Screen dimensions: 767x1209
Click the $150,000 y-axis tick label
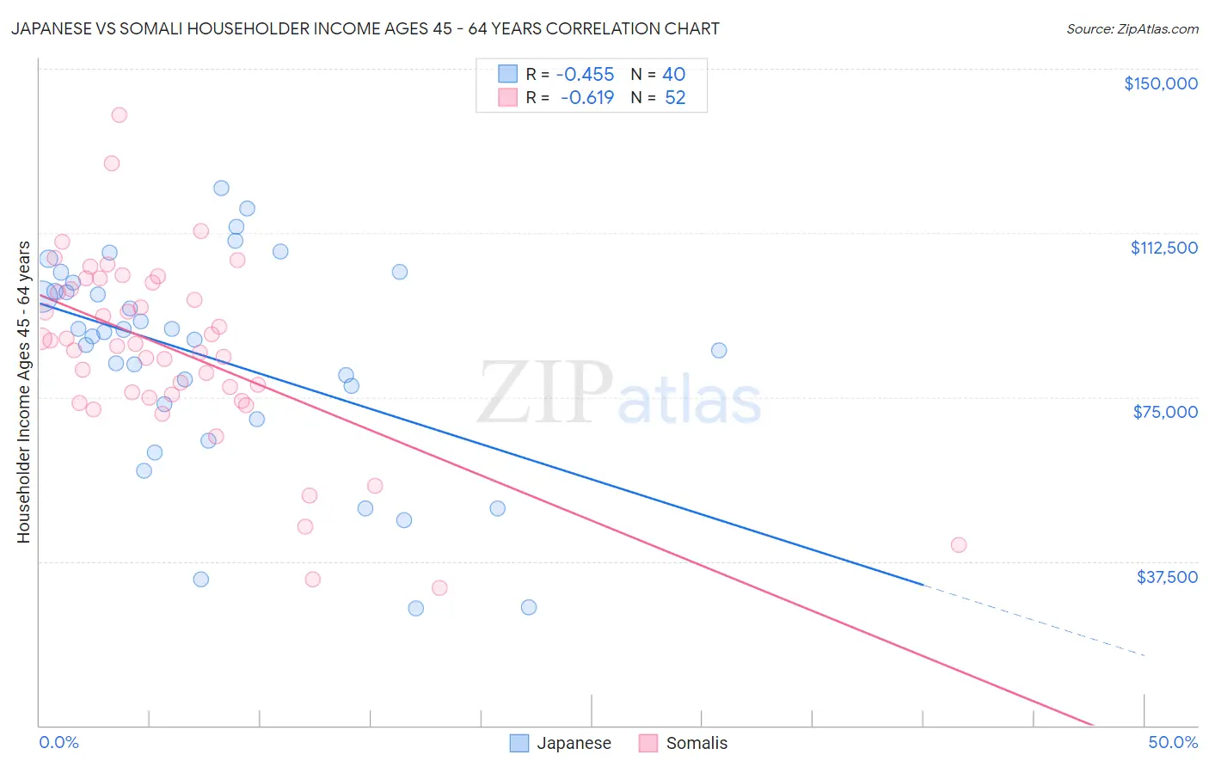1160,83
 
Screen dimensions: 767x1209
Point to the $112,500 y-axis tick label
1163,248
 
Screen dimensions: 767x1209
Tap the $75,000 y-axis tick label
1165,412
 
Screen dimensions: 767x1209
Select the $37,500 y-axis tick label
1166,577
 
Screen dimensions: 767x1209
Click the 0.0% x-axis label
58,742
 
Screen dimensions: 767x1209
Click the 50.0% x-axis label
1173,742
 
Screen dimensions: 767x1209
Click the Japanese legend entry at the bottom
574,743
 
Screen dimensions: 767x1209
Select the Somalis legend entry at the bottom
697,743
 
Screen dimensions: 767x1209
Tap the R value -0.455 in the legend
585,74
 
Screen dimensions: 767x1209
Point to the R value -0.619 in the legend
586,98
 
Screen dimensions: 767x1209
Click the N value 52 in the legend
675,98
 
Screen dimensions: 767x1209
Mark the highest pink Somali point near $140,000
120,114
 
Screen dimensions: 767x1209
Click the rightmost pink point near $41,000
959,544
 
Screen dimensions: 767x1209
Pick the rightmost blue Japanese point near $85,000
719,350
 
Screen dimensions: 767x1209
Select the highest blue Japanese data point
221,187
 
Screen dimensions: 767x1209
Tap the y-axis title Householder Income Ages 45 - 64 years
23,392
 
